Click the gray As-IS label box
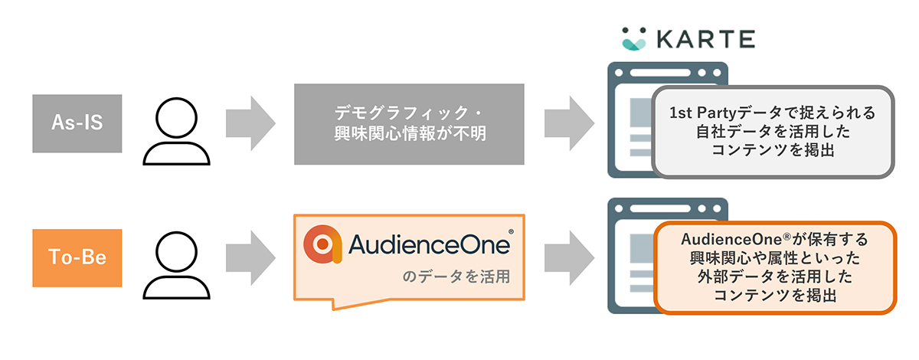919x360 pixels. [x=77, y=123]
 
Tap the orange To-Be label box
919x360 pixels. [x=77, y=258]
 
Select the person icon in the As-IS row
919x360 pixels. [x=176, y=131]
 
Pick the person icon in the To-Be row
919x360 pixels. [x=176, y=265]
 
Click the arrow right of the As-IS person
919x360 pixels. [x=250, y=123]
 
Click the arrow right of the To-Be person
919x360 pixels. [x=250, y=258]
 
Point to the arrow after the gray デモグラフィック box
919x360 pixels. [x=570, y=123]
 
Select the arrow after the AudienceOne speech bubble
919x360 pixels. [x=570, y=258]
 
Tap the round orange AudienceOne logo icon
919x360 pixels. [x=322, y=244]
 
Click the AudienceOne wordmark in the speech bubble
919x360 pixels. [x=429, y=244]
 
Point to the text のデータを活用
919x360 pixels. [x=456, y=277]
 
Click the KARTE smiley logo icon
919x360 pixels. [x=634, y=39]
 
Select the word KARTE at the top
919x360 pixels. [x=705, y=39]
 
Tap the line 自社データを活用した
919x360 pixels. [x=773, y=132]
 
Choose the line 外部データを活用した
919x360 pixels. [x=775, y=277]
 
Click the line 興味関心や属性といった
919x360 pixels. [x=775, y=258]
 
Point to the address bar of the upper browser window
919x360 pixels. [x=660, y=73]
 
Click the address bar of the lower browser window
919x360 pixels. [x=660, y=208]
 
